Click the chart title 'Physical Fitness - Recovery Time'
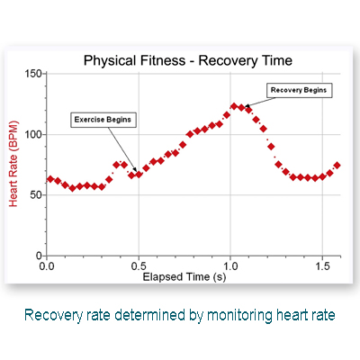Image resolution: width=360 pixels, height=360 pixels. tap(188, 60)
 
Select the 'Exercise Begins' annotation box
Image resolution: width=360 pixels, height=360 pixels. tap(103, 120)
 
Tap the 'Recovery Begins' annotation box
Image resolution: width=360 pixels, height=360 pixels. tap(300, 90)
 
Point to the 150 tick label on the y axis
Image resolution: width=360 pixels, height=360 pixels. tap(33, 74)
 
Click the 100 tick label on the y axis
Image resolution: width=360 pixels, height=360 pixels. tap(33, 134)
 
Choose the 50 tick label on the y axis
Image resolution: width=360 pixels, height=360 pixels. tap(36, 195)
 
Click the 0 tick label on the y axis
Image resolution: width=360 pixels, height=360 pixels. tap(39, 256)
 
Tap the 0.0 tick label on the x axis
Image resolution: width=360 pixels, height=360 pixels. tap(47, 265)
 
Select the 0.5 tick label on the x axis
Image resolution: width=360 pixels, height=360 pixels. tap(139, 265)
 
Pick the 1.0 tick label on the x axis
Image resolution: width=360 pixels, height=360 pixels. tap(230, 265)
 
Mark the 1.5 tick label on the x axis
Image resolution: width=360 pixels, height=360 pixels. tap(322, 265)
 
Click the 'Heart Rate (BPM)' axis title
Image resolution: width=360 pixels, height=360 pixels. tap(13, 164)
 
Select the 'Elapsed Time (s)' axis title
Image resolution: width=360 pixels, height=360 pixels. tap(184, 276)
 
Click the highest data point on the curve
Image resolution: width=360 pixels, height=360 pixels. tap(234, 106)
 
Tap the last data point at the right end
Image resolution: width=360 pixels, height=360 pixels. tap(337, 166)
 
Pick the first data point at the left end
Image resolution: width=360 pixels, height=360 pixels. tap(50, 179)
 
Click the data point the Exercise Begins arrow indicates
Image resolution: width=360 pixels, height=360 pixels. tap(139, 175)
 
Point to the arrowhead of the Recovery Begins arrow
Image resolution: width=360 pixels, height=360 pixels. tap(247, 105)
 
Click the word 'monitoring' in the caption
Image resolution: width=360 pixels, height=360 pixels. tap(240, 316)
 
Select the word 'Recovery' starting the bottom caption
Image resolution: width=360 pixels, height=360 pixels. tap(53, 316)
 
